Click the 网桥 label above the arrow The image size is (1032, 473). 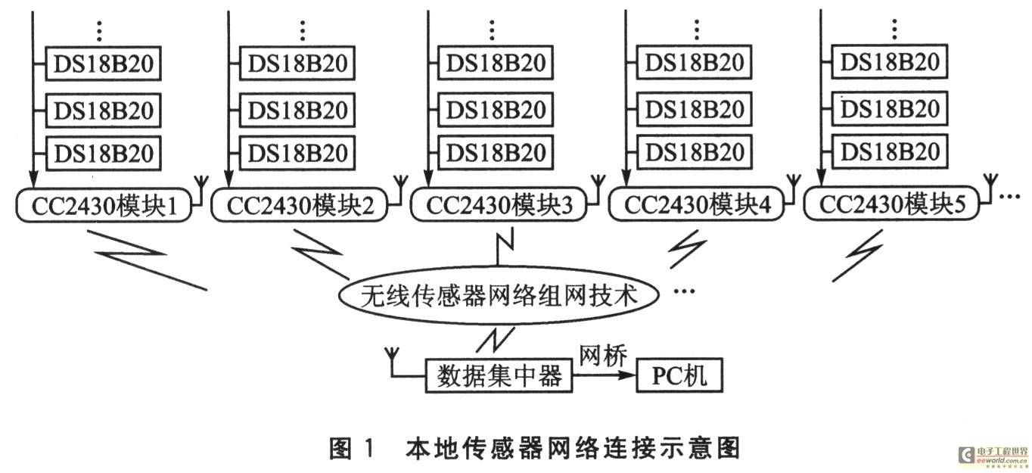(602, 356)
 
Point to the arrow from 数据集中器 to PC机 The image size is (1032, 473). (605, 375)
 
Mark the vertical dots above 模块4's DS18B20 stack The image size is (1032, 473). (696, 30)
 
